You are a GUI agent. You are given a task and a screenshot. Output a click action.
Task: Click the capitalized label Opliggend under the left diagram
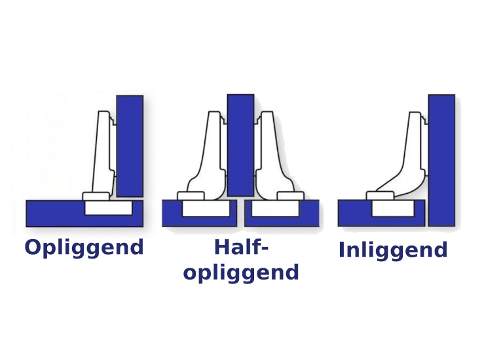(84, 248)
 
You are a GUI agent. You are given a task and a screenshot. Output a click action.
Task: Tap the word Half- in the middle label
(241, 247)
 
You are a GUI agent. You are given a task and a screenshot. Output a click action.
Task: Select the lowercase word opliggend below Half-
(241, 272)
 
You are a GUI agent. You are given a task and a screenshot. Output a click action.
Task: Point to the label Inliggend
(393, 250)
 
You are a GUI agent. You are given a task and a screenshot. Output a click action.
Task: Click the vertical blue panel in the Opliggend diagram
(130, 145)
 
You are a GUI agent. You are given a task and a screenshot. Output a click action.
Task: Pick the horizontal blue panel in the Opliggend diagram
(52, 214)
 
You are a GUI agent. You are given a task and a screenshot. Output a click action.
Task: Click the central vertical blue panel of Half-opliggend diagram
(240, 145)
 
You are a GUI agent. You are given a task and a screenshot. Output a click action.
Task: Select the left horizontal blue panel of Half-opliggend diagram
(172, 214)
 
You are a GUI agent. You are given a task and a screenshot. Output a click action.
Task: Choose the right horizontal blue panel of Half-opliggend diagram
(310, 214)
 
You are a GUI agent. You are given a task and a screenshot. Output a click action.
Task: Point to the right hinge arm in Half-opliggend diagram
(269, 154)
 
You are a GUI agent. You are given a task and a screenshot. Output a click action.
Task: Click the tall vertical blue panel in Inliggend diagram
(441, 160)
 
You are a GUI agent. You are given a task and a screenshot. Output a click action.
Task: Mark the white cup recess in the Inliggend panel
(393, 209)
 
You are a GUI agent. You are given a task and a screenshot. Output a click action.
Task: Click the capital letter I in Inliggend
(342, 250)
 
